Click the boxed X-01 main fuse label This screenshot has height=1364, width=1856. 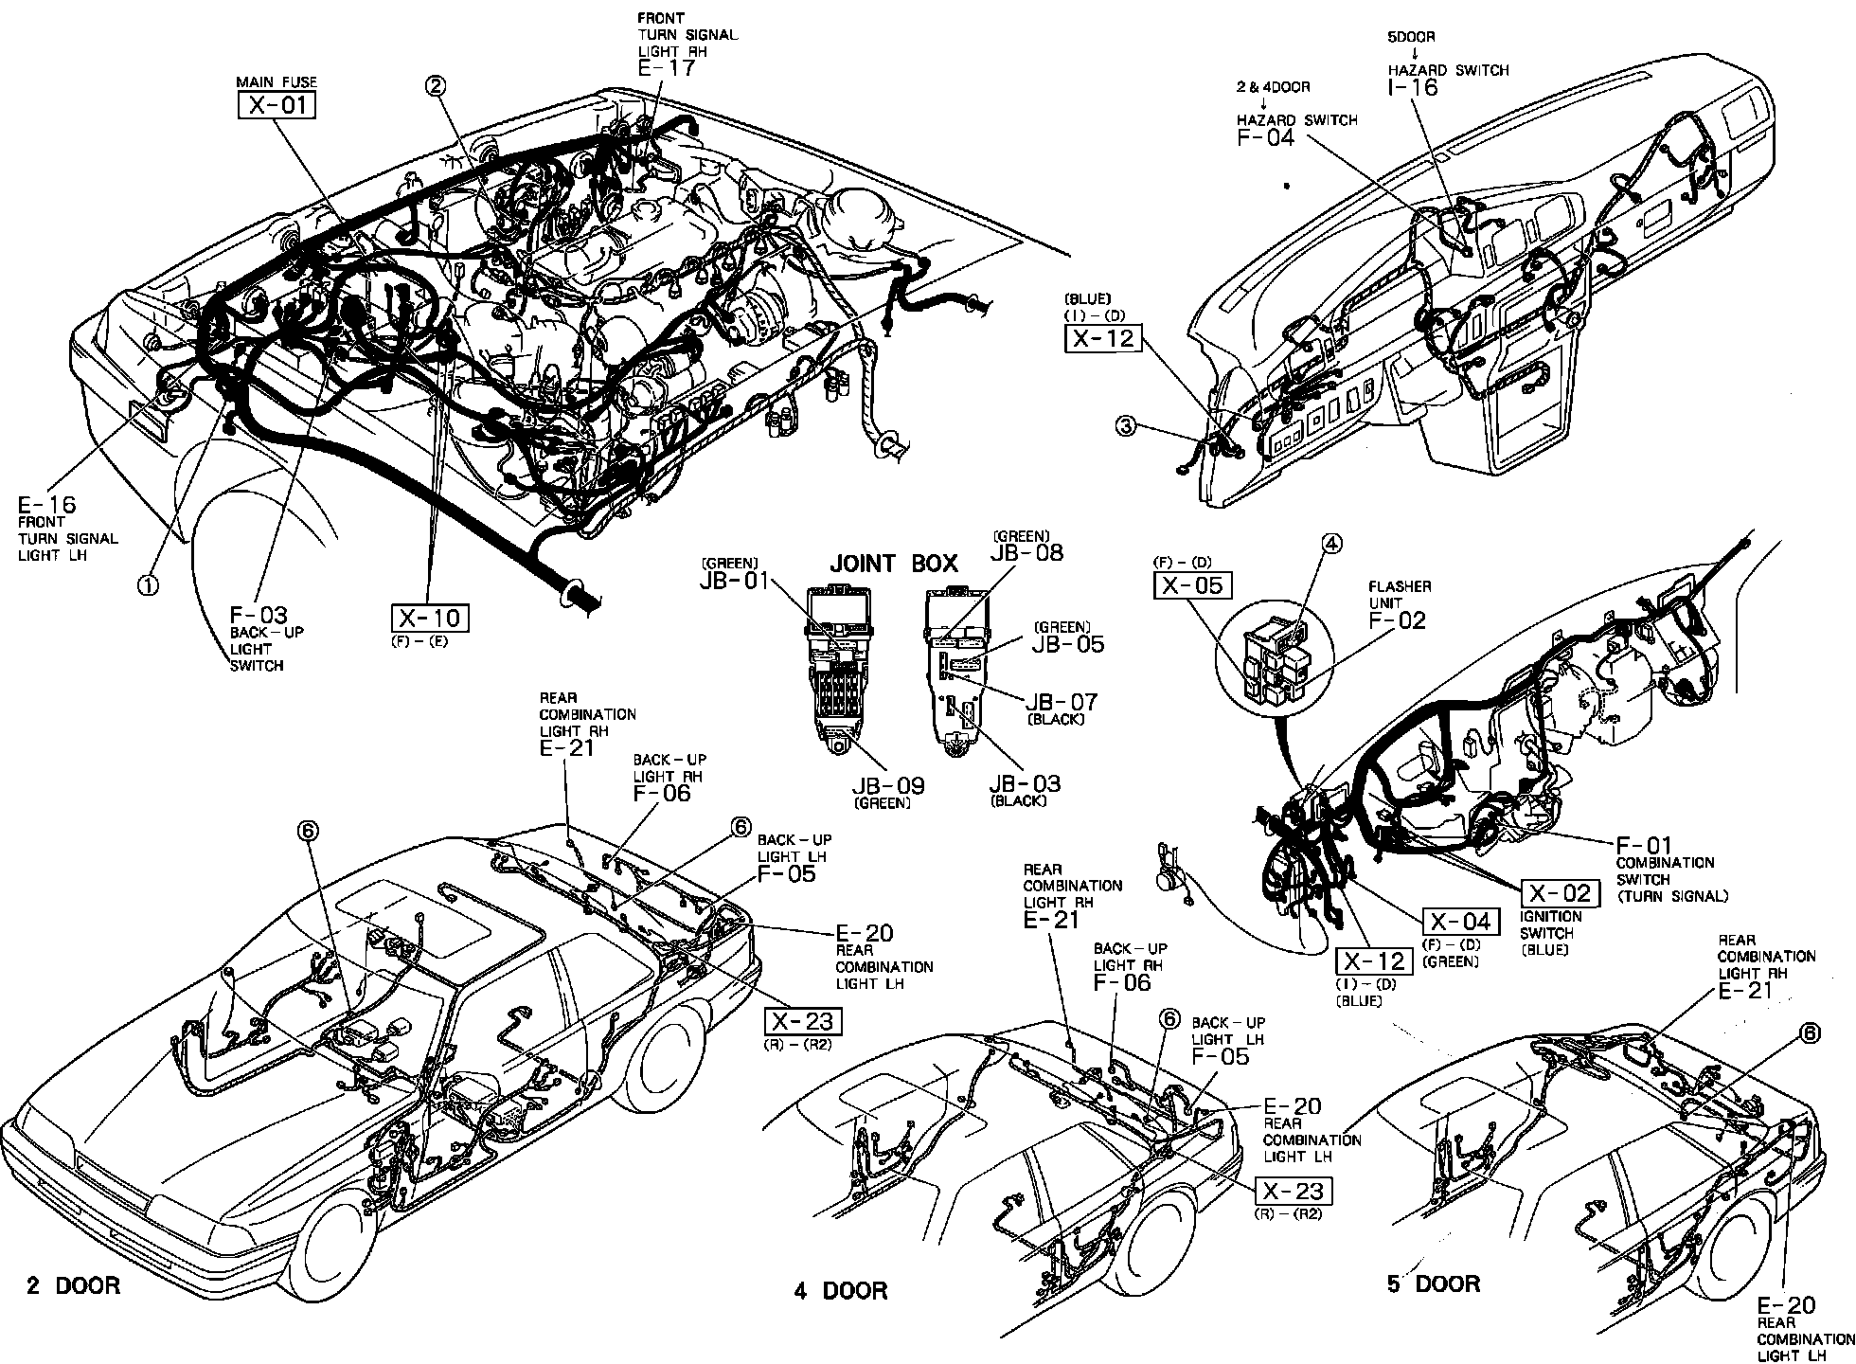[277, 103]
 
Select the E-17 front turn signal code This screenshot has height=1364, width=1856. [667, 68]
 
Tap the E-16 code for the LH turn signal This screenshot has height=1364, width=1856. [46, 504]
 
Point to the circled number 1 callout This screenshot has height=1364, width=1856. [148, 585]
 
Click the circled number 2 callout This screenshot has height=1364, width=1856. [435, 87]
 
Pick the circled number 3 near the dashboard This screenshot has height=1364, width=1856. [1125, 426]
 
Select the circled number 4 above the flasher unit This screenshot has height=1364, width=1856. [1332, 543]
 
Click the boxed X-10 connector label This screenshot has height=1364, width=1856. [430, 619]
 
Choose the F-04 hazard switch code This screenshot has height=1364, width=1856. [1265, 137]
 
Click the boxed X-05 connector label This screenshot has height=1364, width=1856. [1192, 585]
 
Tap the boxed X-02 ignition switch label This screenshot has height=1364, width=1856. [1560, 893]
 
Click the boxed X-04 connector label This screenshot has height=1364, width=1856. [1461, 922]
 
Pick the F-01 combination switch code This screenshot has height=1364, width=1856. [1643, 845]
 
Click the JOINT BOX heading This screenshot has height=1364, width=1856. [894, 564]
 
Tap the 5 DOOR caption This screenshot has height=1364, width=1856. [1434, 1283]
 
